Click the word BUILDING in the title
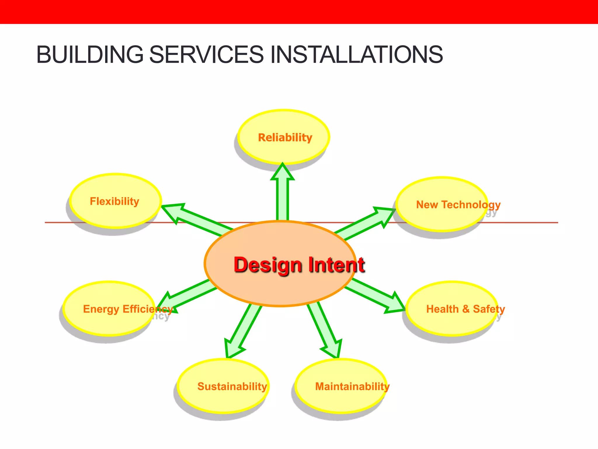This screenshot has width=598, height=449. [x=90, y=55]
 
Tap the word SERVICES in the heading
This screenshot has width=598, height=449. [x=206, y=55]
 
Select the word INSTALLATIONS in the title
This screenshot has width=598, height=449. [x=357, y=55]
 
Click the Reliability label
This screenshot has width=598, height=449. [x=285, y=138]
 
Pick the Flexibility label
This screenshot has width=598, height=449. [x=114, y=201]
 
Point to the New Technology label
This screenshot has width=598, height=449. [x=458, y=205]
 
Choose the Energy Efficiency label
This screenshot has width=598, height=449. [x=128, y=309]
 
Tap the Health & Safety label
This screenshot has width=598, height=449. [x=465, y=309]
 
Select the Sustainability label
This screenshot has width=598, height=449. [x=232, y=386]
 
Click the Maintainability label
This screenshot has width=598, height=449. [x=352, y=386]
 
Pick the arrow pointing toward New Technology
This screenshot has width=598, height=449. [x=365, y=222]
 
